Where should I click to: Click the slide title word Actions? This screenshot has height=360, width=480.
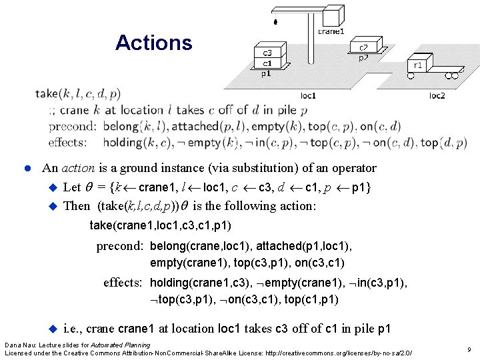153,43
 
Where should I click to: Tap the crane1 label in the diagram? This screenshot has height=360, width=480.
331,31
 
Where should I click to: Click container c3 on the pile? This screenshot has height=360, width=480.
267,53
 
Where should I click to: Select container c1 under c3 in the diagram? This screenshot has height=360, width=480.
267,63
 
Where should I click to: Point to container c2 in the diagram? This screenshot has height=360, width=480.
365,47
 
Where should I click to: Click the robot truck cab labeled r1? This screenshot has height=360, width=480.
418,65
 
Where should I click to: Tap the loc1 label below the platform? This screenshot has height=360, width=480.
308,96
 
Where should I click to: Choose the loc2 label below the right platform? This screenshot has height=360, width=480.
437,96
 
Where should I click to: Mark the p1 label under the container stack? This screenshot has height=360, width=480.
266,74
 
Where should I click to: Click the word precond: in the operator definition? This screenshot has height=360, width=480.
73,126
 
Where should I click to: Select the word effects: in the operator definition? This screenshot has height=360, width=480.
67,142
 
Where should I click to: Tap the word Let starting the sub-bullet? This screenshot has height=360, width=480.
71,187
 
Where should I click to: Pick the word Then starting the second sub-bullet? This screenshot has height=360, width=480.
77,206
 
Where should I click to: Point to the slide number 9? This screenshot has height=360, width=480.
469,349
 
